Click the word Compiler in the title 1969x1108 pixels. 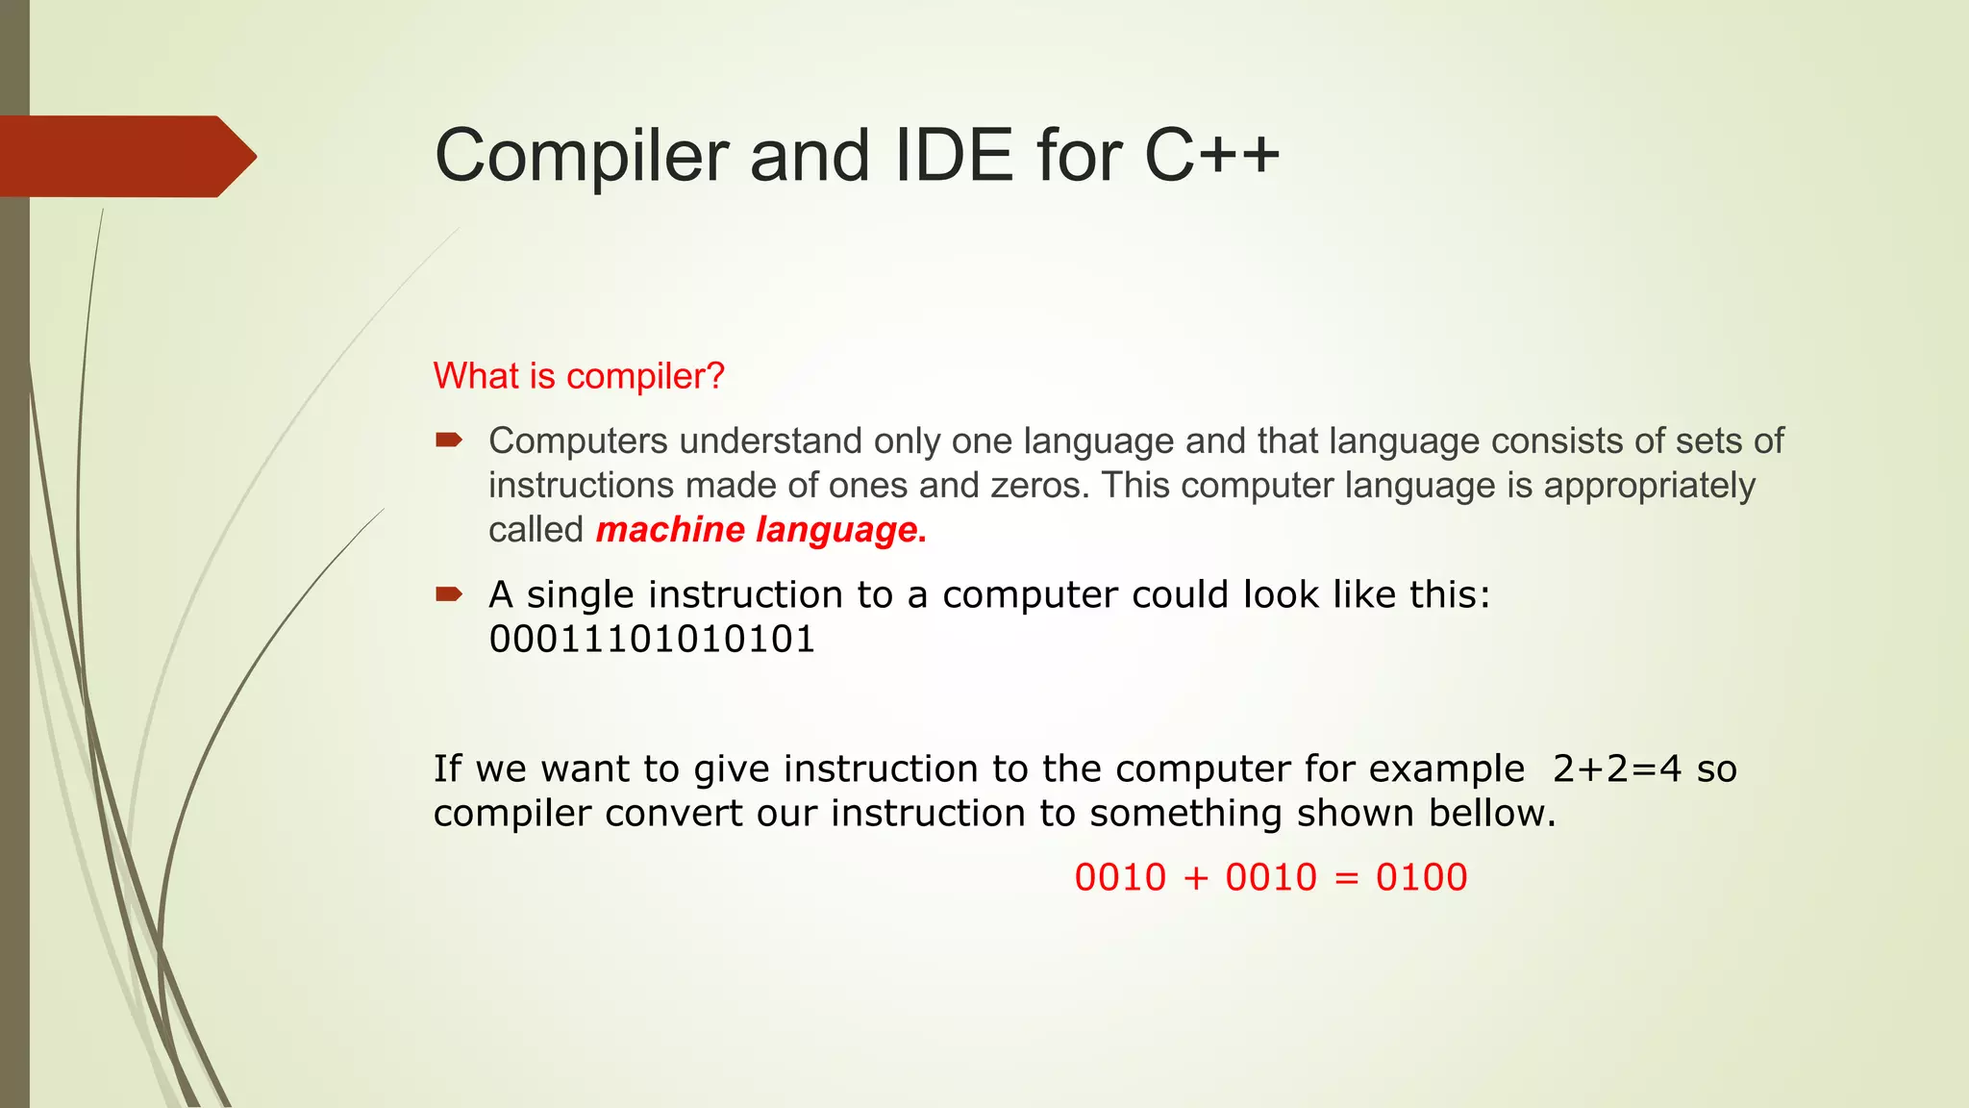581,156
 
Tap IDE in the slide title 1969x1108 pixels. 953,156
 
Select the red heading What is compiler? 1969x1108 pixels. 578,376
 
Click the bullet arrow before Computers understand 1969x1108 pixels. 448,441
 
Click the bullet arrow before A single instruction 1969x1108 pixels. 448,594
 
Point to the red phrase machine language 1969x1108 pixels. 760,530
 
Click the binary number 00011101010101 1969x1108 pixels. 652,640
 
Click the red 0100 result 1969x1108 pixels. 1421,877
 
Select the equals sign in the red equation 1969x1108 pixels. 1347,878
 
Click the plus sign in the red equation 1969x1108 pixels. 1195,878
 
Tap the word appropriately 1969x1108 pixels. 1649,486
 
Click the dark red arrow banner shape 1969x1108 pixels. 125,157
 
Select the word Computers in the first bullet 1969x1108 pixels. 578,441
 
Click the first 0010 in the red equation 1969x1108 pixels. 1120,877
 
